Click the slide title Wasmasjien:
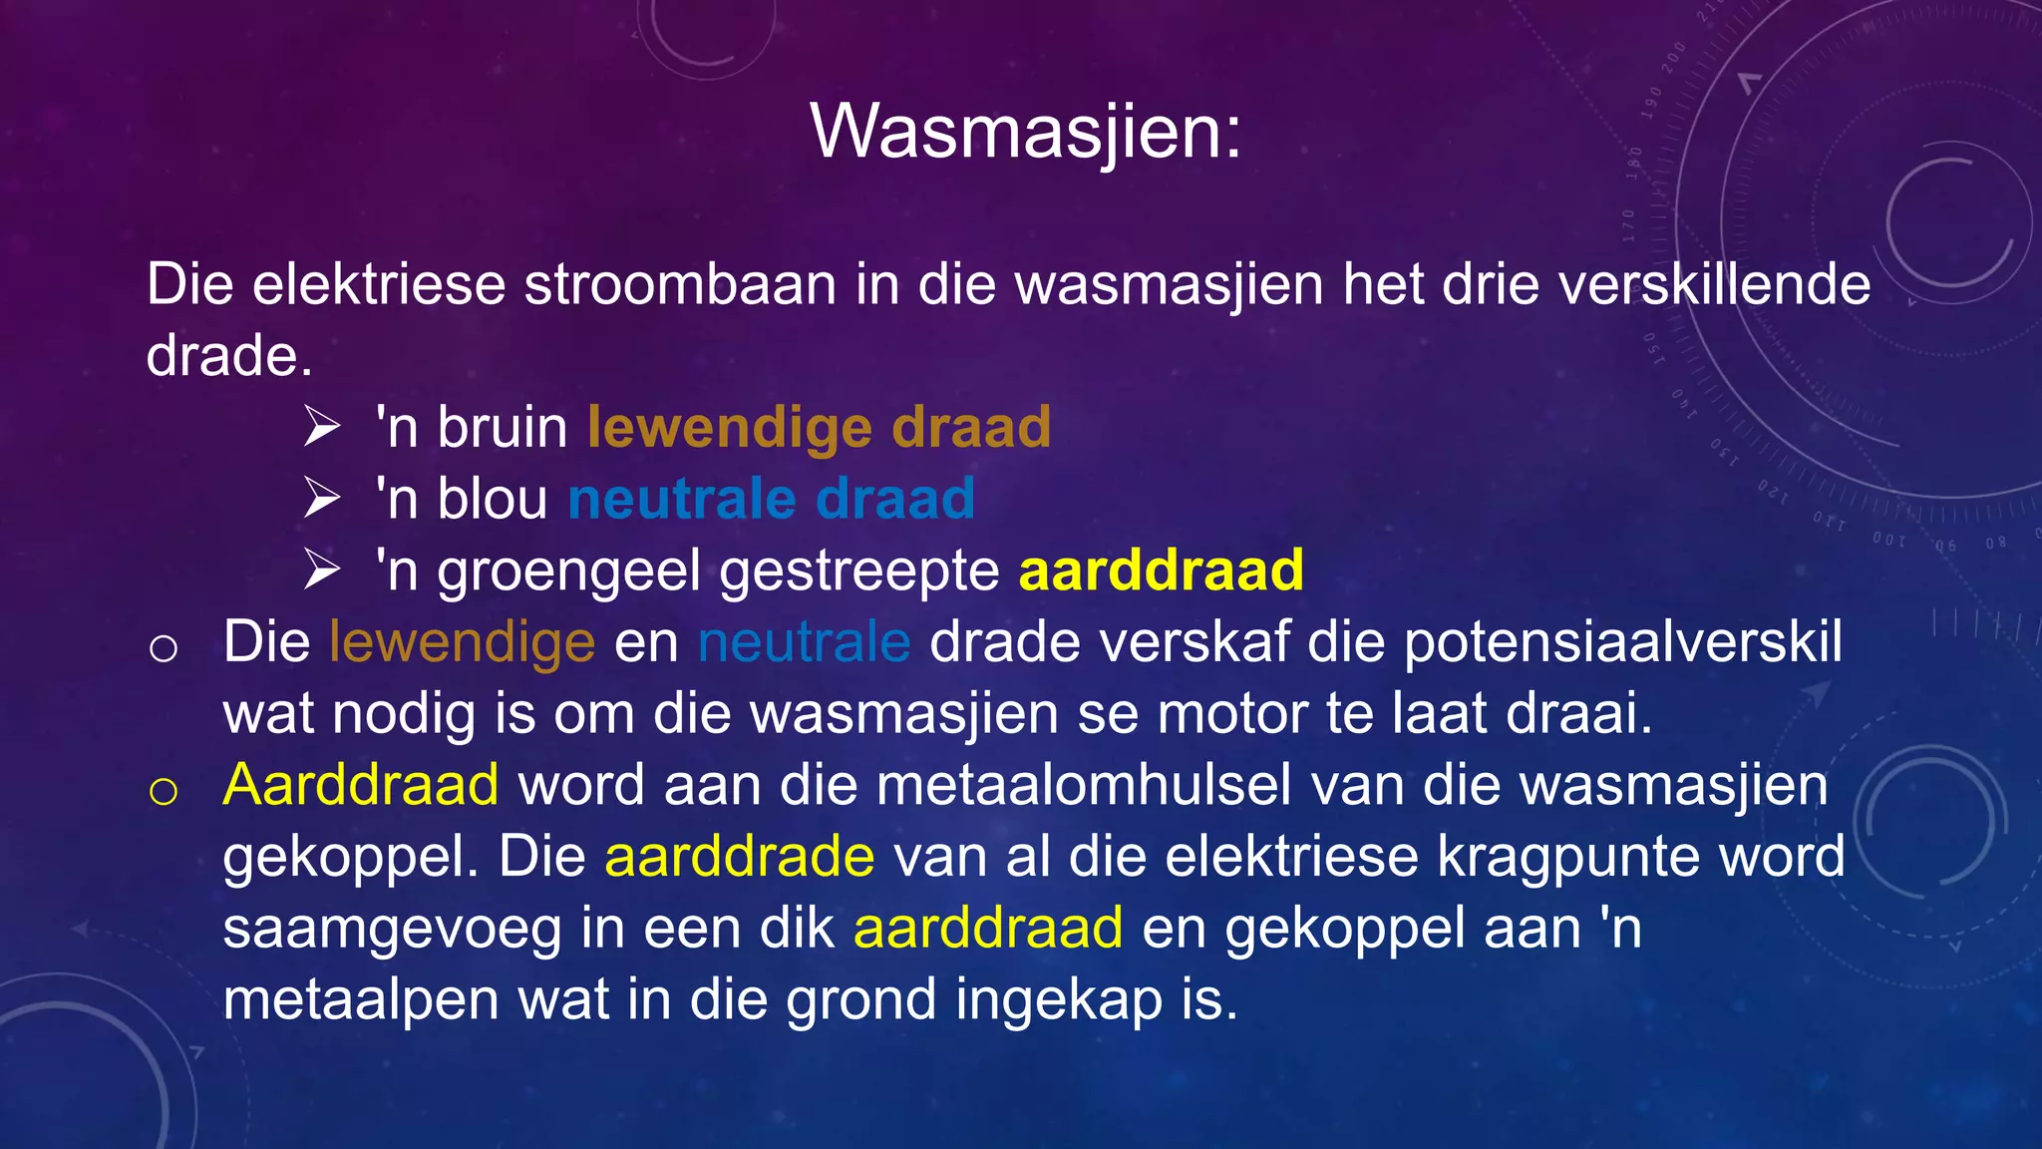click(x=1026, y=132)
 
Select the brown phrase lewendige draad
click(x=819, y=427)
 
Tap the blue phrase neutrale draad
click(x=771, y=499)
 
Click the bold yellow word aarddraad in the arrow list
click(x=1161, y=571)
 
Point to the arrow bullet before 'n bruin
click(x=322, y=427)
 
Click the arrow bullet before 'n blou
click(x=322, y=499)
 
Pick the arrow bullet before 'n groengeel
click(x=322, y=571)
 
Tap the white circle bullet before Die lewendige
click(x=164, y=648)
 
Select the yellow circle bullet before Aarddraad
click(x=164, y=791)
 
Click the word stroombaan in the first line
click(x=680, y=285)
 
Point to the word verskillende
click(x=1713, y=285)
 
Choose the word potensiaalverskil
click(x=1622, y=642)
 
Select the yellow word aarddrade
click(x=739, y=857)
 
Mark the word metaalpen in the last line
click(x=360, y=1000)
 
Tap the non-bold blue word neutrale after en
click(x=804, y=642)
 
